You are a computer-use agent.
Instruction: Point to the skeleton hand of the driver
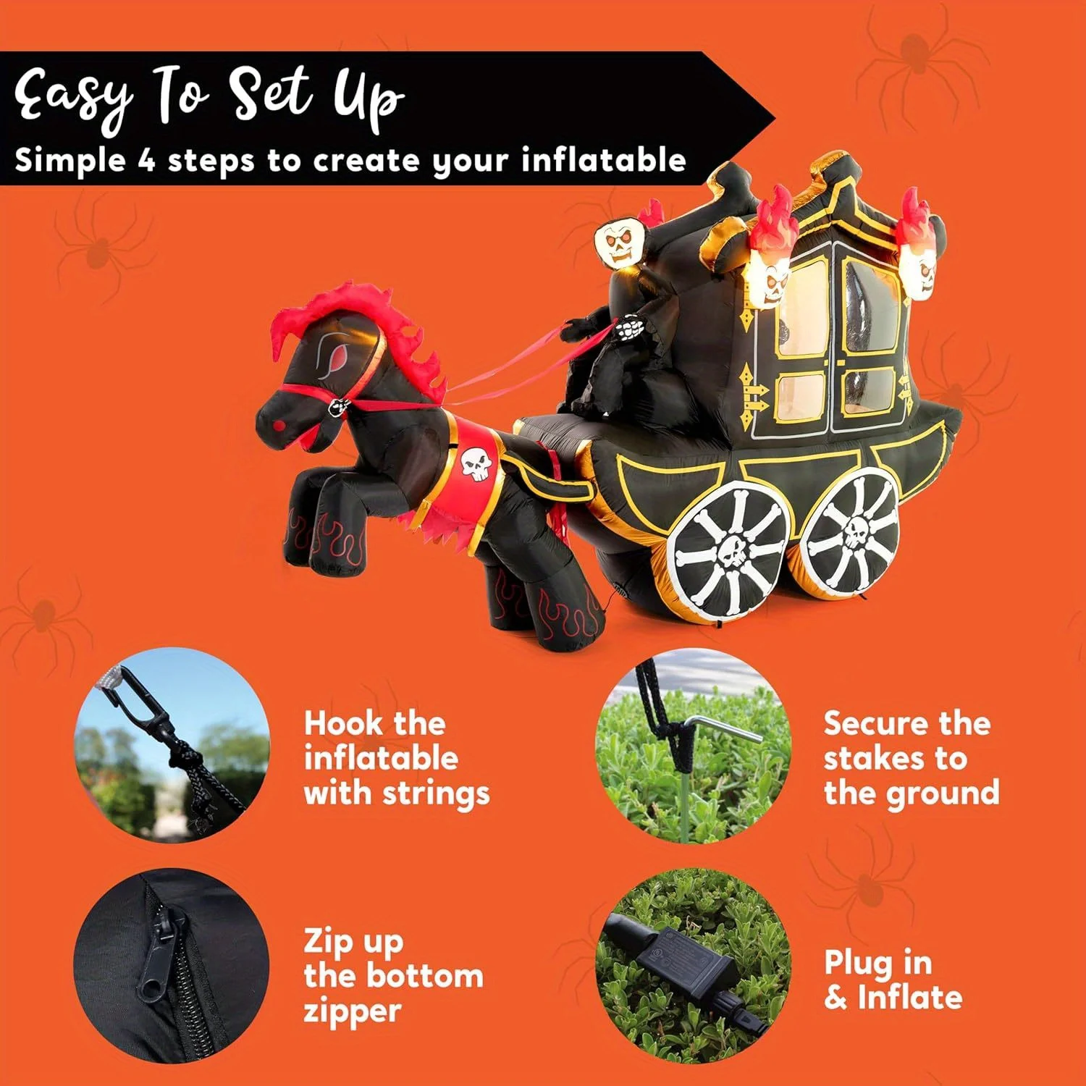(x=628, y=328)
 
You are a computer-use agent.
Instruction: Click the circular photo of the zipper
(x=171, y=966)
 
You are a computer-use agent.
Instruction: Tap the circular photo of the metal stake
(x=693, y=746)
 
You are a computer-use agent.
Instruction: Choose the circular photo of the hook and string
(x=172, y=746)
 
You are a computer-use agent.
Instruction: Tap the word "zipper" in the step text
(x=352, y=1011)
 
